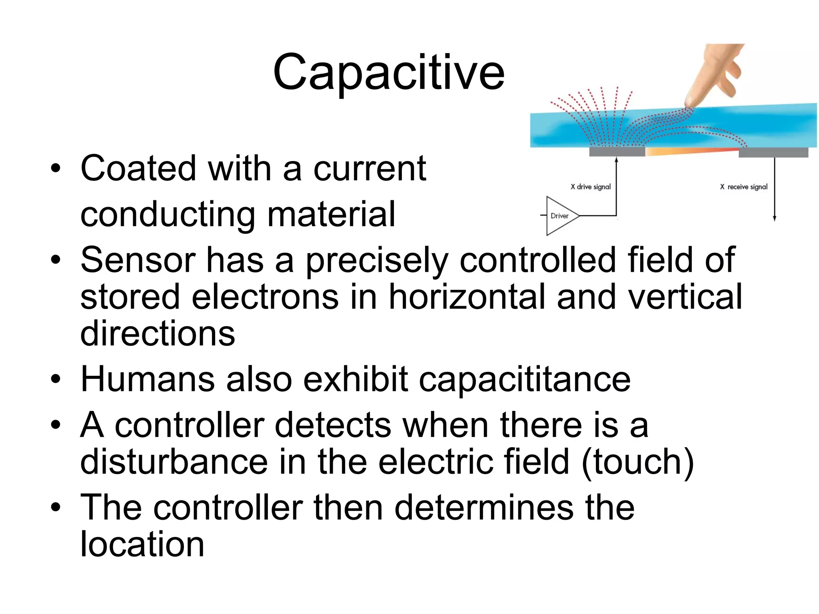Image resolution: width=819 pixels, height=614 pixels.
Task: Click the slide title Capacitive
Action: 389,73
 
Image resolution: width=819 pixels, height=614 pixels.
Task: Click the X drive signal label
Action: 591,187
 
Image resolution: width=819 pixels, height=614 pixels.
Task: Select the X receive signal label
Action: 744,187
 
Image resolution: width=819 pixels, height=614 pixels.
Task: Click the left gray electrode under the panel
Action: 617,152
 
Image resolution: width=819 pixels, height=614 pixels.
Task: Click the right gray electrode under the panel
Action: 773,152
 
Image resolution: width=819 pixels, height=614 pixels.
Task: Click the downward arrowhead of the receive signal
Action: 775,218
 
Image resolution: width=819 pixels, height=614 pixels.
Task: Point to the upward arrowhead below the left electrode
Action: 616,160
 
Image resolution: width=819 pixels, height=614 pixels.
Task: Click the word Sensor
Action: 138,260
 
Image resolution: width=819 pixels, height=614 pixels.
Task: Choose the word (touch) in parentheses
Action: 638,462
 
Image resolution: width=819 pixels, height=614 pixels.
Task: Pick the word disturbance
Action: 174,462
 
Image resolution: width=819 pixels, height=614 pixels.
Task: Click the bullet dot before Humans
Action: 56,379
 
